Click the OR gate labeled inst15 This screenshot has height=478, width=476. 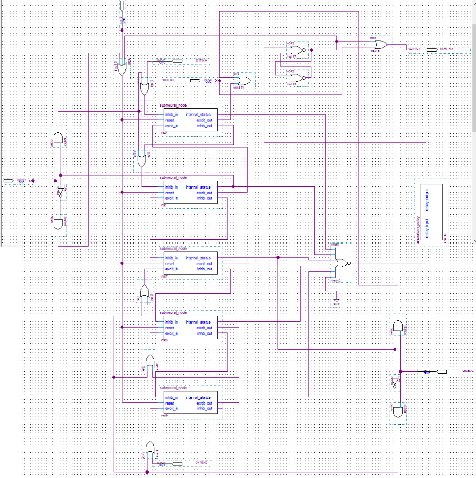coord(379,45)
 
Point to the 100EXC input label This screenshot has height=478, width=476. coord(168,80)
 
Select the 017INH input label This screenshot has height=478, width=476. coord(201,60)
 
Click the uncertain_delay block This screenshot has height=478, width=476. coord(429,212)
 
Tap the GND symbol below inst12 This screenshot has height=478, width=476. coord(336,301)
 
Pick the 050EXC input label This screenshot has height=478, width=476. coord(468,370)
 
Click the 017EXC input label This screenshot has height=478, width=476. coord(201,462)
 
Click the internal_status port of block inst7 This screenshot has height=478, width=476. coord(198,258)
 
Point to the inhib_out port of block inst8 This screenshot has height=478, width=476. coord(204,333)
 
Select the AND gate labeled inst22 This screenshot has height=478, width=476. coord(58,224)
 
